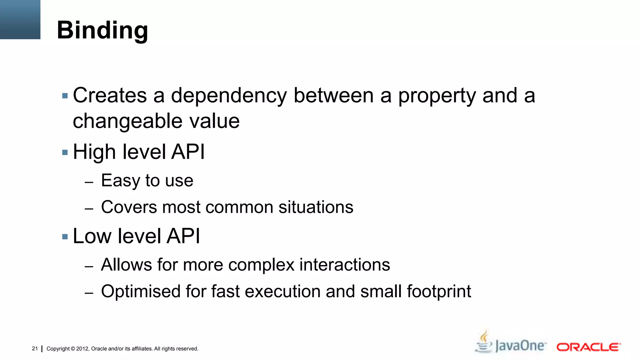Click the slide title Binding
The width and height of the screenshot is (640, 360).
coord(102,30)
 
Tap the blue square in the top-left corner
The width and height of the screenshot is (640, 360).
coord(20,19)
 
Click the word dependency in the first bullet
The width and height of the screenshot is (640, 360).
coord(229,95)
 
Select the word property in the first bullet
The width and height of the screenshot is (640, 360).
coord(437,95)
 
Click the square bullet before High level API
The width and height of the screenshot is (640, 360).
coord(65,152)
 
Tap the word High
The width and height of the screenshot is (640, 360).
coord(94,152)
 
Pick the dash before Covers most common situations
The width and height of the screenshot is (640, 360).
coord(89,208)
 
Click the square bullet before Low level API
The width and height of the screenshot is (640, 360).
coord(65,237)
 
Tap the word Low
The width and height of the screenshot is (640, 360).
coord(92,236)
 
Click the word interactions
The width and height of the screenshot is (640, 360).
coord(345,265)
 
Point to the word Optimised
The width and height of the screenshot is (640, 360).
coord(141,291)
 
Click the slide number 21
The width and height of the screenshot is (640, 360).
coord(35,348)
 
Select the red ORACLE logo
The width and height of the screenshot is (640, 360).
coord(588,347)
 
